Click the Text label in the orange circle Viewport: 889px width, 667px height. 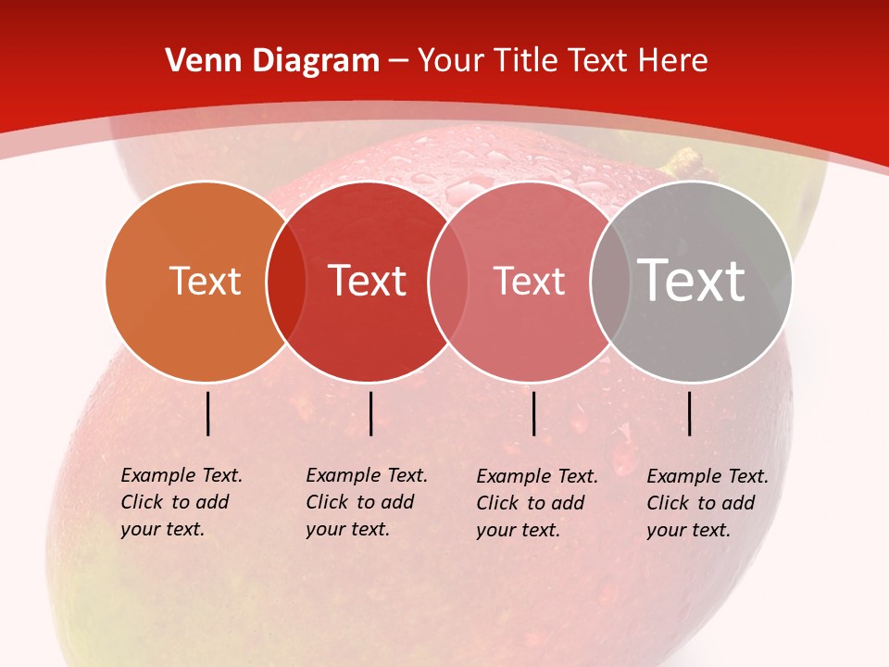click(x=205, y=281)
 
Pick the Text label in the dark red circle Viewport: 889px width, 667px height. click(x=368, y=281)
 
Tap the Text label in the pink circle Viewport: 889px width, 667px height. click(x=529, y=281)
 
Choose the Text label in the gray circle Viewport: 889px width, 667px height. click(x=692, y=280)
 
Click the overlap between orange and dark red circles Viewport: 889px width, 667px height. click(x=286, y=281)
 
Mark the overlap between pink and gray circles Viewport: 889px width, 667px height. click(x=607, y=281)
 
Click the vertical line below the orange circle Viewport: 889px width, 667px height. click(x=208, y=413)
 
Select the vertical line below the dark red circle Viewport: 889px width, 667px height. click(x=370, y=413)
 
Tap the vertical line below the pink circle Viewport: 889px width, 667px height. click(x=534, y=413)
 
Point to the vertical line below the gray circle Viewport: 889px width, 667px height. click(x=690, y=413)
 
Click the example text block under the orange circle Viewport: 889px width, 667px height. click(x=181, y=502)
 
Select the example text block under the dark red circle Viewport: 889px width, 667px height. click(x=366, y=502)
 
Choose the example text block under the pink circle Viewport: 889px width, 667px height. click(x=536, y=503)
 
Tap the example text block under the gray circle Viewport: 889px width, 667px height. click(x=707, y=503)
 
